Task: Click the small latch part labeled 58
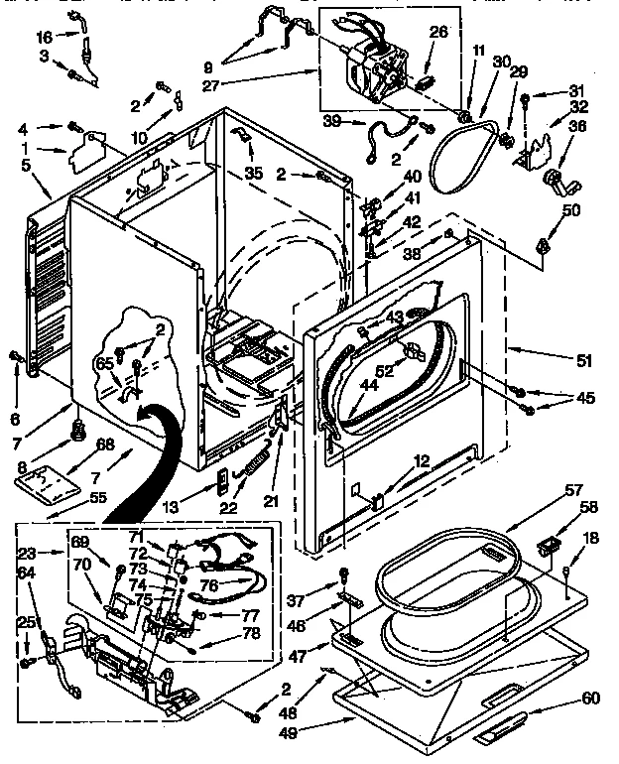(546, 545)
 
